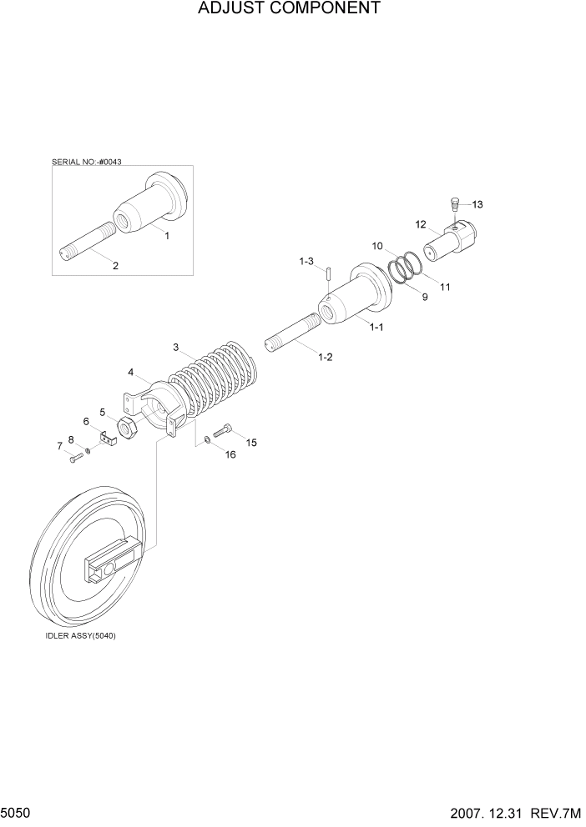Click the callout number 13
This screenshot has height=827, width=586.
(x=477, y=204)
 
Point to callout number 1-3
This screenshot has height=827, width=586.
(x=306, y=261)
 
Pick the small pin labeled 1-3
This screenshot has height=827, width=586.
(x=330, y=273)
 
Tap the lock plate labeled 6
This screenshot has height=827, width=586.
(x=107, y=437)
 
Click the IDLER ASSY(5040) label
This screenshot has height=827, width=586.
(x=81, y=635)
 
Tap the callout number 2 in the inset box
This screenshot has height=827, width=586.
(x=115, y=266)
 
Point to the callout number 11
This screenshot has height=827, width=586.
(x=445, y=287)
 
